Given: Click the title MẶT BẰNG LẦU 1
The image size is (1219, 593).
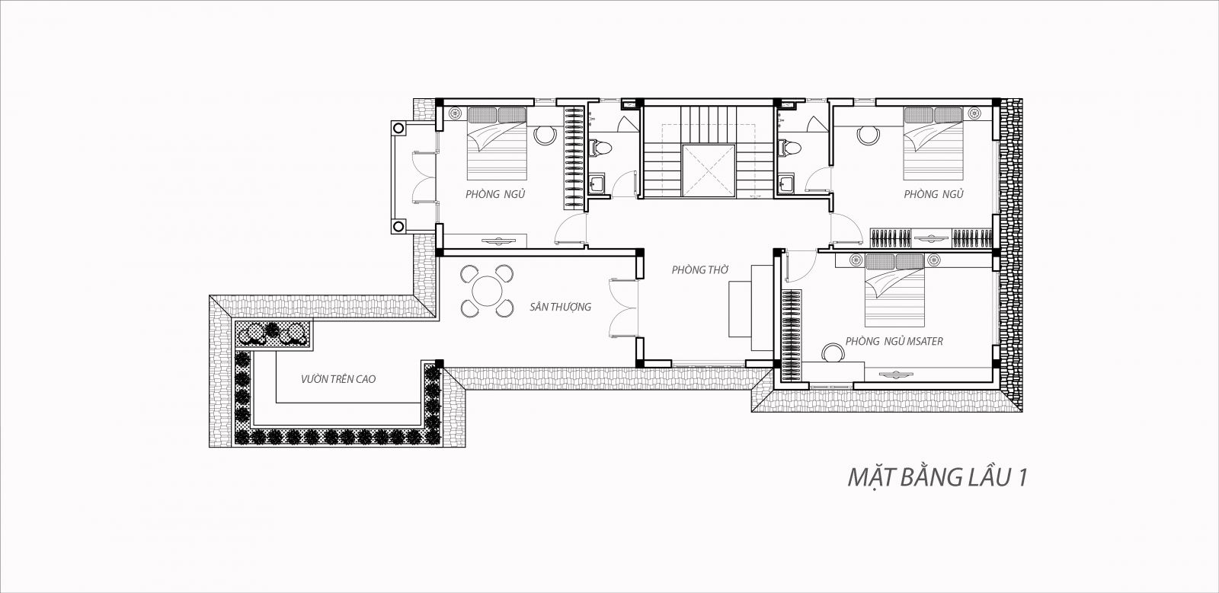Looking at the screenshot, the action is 937,477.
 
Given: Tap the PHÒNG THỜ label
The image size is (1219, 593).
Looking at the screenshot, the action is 700,269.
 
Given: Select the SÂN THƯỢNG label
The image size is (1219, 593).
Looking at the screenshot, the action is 561,307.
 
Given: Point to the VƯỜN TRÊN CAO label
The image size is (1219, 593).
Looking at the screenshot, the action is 338,379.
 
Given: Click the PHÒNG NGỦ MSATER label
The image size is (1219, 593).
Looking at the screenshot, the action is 894,341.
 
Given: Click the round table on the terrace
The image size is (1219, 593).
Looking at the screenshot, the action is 487,292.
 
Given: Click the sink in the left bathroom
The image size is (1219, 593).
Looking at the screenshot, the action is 597,183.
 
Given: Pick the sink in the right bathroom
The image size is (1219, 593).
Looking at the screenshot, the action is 785,183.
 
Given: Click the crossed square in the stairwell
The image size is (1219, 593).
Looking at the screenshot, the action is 709,171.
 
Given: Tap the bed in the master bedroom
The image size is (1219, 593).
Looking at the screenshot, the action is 894,290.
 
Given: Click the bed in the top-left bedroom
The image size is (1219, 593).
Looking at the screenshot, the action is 497,143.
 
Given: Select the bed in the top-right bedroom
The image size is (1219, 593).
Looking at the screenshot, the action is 933,143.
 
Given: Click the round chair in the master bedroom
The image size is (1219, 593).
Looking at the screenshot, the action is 832,352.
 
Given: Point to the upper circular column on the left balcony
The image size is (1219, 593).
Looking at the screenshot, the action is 398,129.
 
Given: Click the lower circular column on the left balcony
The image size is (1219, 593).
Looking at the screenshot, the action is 398,225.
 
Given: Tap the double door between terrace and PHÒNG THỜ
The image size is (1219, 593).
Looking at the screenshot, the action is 622,308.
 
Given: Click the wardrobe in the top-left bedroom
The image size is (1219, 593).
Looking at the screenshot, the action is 574,158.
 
